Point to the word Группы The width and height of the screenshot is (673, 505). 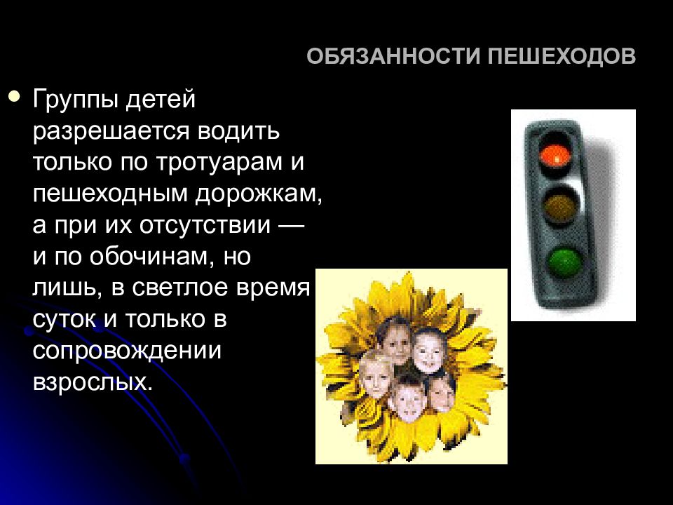click(74, 100)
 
